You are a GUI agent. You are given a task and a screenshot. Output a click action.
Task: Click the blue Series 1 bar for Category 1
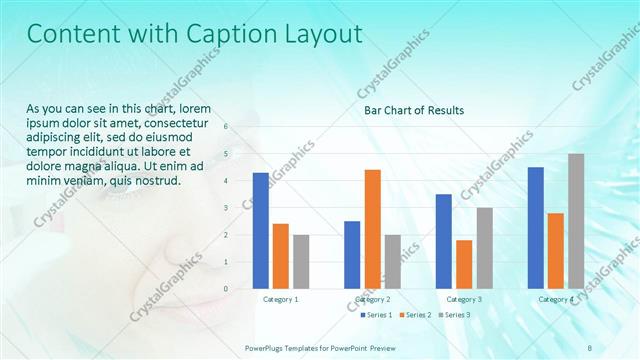coord(260,231)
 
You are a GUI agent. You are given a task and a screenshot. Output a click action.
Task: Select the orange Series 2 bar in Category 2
coord(372,229)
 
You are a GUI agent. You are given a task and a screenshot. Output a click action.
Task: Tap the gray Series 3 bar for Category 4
coord(576,221)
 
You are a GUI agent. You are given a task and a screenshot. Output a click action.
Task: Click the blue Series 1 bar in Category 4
coord(535,228)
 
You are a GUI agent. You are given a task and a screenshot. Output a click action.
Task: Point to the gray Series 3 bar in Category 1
coord(301,262)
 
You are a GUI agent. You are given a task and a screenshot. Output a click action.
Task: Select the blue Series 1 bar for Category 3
coord(443,241)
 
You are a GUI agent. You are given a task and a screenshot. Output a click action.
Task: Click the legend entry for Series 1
coord(377,315)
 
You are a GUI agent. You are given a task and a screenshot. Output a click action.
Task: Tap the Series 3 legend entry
coord(453,315)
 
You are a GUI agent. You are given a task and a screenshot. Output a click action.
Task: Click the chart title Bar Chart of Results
coord(414,110)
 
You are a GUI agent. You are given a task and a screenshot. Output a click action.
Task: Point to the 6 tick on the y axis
coord(225,127)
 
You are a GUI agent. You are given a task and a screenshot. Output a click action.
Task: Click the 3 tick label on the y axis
coord(225,208)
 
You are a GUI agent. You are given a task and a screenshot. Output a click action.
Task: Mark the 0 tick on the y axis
coord(225,289)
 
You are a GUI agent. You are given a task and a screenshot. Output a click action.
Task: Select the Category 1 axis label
coord(280,299)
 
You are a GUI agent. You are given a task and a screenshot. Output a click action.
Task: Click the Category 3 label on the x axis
coord(464,299)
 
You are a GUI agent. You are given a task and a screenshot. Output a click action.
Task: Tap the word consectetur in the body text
coord(192,122)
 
